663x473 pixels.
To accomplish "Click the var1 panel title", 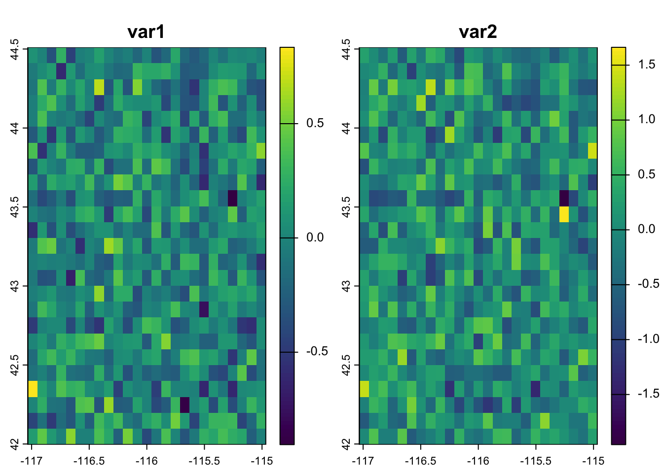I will point(146,32).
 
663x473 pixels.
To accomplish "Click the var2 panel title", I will point(478,32).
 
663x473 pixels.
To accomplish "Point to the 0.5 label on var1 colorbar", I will point(315,123).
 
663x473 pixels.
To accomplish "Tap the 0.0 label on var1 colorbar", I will point(315,237).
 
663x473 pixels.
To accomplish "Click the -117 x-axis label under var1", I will point(32,461).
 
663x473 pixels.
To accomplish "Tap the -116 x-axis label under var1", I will point(147,461).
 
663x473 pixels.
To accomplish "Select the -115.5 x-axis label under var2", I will point(536,461).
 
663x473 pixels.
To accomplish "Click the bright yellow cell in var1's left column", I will point(33,389).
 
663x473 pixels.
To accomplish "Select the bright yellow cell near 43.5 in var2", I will point(564,214).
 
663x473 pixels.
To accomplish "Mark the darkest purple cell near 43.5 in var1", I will point(232,199).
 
